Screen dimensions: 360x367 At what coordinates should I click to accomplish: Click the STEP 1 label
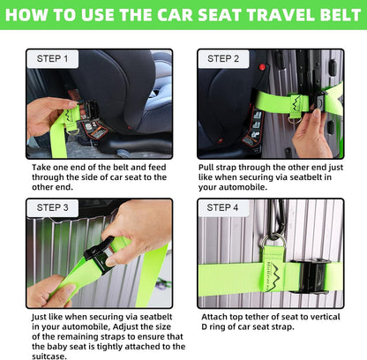57,59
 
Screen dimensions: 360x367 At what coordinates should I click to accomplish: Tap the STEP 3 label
57,208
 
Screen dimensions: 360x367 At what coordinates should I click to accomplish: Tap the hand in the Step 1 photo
49,116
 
